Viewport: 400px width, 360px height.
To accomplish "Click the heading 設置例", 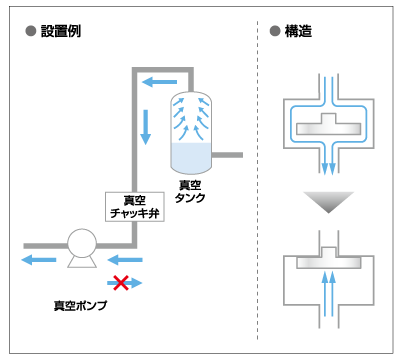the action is click(x=61, y=31).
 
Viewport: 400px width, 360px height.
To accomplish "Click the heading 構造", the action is click(x=298, y=31).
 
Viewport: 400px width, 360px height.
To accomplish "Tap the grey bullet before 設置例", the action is click(x=31, y=31).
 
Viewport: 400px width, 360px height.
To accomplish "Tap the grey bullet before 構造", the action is click(x=275, y=31).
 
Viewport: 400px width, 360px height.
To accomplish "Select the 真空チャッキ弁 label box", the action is click(x=135, y=207).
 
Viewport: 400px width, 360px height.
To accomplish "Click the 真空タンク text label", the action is click(x=190, y=191).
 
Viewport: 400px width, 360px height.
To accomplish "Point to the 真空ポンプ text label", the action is click(x=80, y=305).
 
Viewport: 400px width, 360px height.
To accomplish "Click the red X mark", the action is click(x=121, y=283).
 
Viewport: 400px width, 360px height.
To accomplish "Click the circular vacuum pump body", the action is click(x=82, y=244).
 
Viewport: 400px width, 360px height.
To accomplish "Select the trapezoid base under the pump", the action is click(x=82, y=262).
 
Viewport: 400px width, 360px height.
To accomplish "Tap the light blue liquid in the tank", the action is click(x=191, y=158).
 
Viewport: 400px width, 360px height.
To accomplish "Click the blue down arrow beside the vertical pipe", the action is click(x=145, y=127).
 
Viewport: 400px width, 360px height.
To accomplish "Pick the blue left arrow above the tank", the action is click(x=159, y=82).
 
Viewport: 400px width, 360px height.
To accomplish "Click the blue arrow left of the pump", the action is click(x=39, y=260).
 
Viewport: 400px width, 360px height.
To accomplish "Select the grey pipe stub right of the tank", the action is click(x=227, y=155).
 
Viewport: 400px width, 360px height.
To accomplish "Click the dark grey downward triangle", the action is click(x=328, y=202).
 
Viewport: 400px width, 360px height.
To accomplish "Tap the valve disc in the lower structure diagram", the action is click(x=329, y=260).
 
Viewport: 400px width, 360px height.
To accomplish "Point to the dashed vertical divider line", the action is click(x=258, y=180).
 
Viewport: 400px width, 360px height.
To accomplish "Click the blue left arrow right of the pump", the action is click(x=125, y=260).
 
